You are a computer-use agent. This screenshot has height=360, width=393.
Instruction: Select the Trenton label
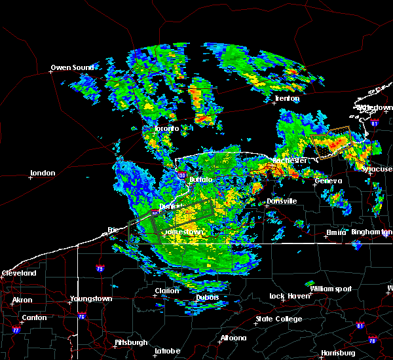click(x=287, y=99)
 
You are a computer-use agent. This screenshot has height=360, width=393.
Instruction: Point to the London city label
click(x=42, y=173)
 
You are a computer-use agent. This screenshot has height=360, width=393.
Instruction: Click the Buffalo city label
click(x=201, y=179)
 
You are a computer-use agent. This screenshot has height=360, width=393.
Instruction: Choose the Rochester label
click(x=291, y=160)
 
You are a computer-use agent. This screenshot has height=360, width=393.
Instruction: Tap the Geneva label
click(x=328, y=181)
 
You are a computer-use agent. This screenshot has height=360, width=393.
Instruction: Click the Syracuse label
click(x=377, y=169)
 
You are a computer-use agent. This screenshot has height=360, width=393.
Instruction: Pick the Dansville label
click(x=282, y=201)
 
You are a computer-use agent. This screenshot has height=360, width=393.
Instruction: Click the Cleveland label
click(x=18, y=273)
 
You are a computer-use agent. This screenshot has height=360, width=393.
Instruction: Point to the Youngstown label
click(x=91, y=299)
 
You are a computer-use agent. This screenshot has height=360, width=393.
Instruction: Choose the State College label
click(x=279, y=319)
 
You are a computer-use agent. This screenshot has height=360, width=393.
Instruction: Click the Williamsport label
click(x=331, y=289)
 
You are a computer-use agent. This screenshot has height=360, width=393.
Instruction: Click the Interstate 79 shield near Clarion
click(x=100, y=268)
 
